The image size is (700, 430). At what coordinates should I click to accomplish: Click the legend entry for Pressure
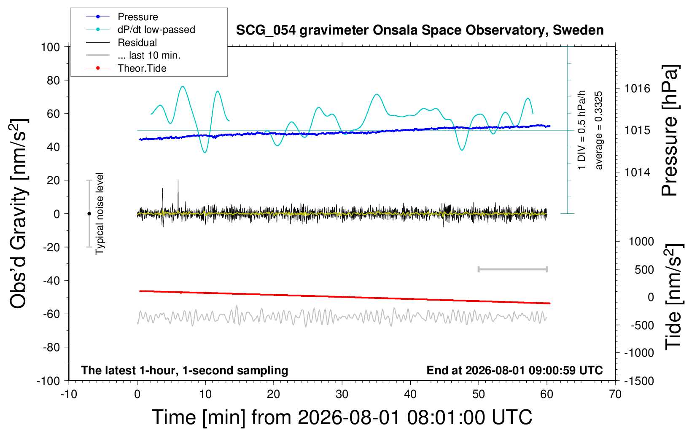(x=138, y=17)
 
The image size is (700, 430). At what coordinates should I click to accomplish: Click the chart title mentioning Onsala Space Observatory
(x=420, y=30)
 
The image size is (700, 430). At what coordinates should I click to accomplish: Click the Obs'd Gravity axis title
(x=18, y=214)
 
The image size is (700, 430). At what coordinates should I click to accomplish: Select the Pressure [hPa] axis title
(x=670, y=130)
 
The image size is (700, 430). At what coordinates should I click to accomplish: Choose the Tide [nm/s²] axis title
(x=674, y=297)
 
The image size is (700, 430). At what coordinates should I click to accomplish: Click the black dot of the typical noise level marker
(x=89, y=214)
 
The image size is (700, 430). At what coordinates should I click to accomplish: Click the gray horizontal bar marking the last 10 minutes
(x=512, y=269)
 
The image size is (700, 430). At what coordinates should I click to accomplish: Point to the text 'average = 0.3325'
(x=598, y=130)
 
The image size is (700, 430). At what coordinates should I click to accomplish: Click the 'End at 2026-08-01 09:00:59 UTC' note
(x=515, y=370)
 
